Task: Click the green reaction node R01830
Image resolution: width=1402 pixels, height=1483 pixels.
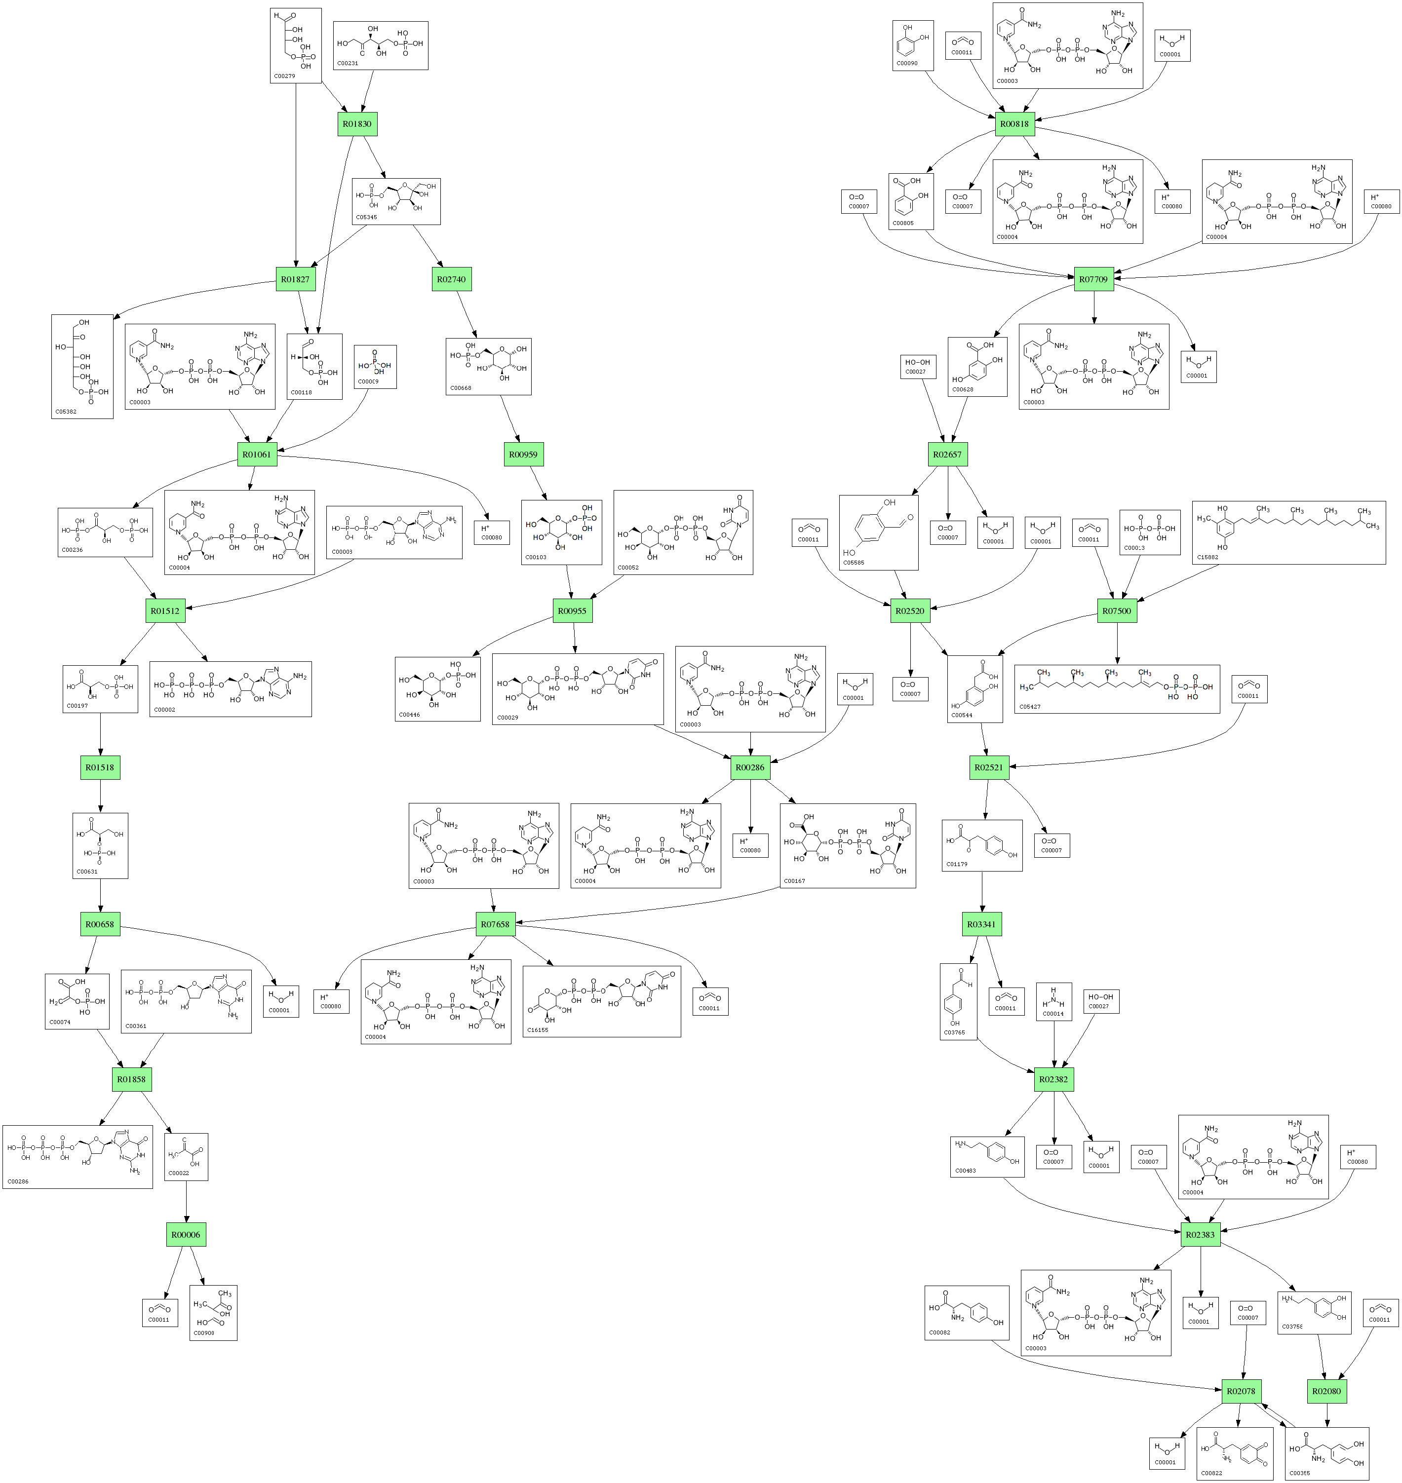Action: (357, 124)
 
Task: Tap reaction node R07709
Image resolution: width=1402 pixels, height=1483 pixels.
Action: (1093, 279)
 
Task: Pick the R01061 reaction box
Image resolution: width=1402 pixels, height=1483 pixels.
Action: (257, 454)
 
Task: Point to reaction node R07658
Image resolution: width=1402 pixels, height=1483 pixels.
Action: (495, 924)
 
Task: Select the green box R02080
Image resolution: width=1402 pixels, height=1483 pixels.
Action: (1326, 1392)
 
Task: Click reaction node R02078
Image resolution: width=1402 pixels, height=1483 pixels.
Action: (1241, 1392)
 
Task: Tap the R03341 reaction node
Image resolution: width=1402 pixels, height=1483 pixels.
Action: (981, 924)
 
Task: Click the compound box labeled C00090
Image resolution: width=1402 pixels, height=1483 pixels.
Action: (912, 45)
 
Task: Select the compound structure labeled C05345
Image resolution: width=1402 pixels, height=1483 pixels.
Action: (396, 201)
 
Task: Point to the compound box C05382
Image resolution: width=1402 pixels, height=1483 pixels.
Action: (82, 366)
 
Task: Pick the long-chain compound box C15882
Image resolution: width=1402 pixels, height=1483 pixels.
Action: (1288, 532)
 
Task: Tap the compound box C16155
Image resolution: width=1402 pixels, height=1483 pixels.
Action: (602, 1001)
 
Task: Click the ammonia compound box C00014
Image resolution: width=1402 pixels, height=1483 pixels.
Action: (1054, 1001)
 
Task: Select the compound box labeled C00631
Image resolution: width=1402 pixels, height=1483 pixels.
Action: (100, 846)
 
